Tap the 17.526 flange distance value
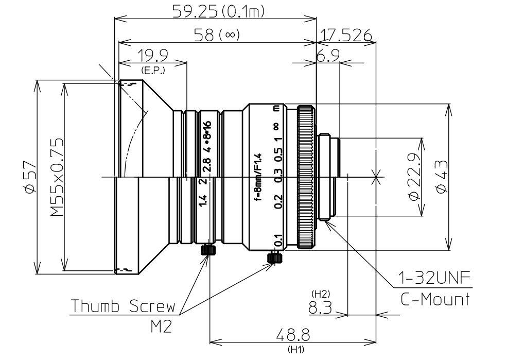click(x=346, y=35)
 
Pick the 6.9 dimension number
click(x=328, y=56)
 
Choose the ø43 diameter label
click(x=441, y=177)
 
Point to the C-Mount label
click(x=435, y=299)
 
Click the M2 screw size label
click(x=161, y=326)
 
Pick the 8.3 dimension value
click(x=320, y=307)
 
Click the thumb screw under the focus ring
click(x=274, y=256)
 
